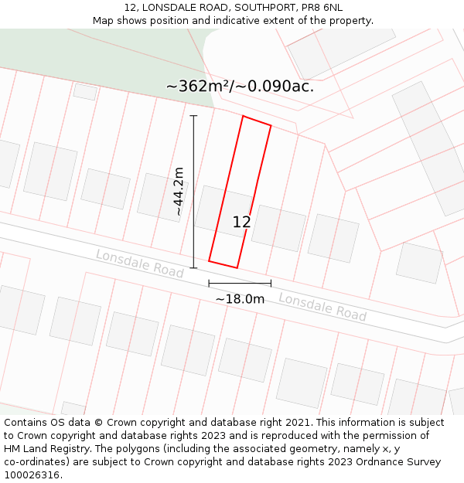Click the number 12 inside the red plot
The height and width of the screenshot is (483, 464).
tap(241, 222)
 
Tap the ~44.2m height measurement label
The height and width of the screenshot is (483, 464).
tap(179, 191)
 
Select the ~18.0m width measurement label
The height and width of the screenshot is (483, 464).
tap(240, 299)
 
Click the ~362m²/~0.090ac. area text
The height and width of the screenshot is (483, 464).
tap(240, 86)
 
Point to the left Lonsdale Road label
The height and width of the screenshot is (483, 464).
tap(139, 264)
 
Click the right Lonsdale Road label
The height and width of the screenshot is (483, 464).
tap(322, 307)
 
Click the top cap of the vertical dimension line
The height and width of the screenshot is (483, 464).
tap(193, 116)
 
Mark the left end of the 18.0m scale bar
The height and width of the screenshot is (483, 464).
tap(209, 284)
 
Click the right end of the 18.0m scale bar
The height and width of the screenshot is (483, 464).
tap(271, 284)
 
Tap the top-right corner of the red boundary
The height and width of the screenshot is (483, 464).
tap(271, 125)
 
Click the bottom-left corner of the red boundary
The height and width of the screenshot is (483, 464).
tap(209, 261)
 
